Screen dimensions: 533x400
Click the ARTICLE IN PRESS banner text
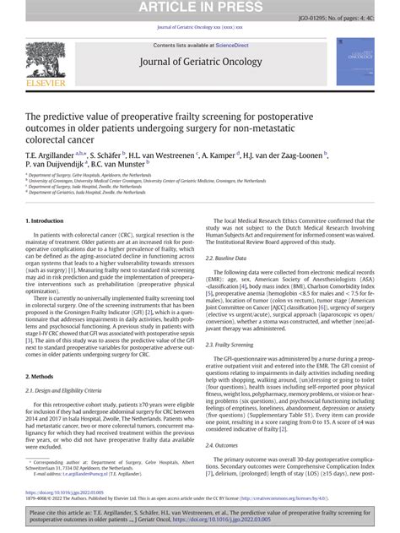tap(200, 7)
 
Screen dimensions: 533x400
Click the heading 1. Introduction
tap(46, 220)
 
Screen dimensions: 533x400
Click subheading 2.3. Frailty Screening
tap(230, 344)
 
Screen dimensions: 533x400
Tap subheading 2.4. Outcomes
tap(222, 445)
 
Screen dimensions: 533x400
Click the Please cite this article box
tap(200, 517)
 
